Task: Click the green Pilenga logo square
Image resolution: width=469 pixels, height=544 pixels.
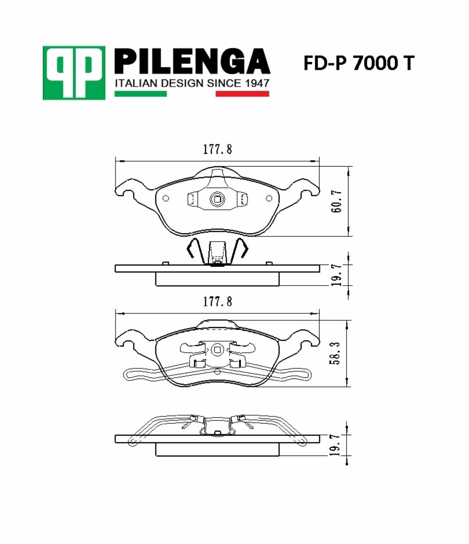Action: click(74, 73)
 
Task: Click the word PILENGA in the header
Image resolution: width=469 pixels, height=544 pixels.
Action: click(192, 62)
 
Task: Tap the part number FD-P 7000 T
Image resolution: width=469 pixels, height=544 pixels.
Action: click(358, 63)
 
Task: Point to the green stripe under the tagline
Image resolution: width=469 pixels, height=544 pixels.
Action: click(140, 94)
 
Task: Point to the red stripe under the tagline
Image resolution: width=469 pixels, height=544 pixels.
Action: click(242, 94)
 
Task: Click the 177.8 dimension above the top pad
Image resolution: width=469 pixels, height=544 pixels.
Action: click(217, 149)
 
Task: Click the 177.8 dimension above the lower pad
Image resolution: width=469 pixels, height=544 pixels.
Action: click(217, 301)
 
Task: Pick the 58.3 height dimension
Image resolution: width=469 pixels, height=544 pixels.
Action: click(335, 353)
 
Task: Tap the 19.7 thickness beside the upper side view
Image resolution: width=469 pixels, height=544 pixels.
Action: click(337, 275)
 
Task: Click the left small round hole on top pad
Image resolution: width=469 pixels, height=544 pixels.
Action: click(166, 198)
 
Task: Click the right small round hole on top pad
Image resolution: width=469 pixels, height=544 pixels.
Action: click(269, 198)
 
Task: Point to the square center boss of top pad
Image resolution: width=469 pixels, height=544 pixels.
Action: click(217, 200)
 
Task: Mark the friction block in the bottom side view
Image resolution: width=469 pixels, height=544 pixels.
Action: click(217, 449)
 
